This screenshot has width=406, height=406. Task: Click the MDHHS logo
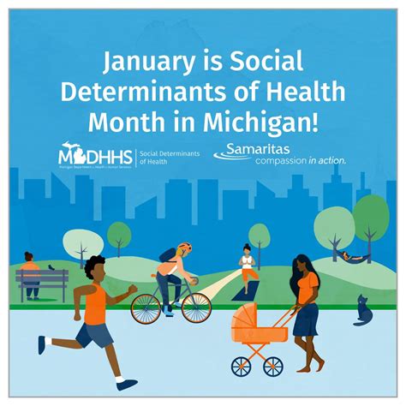click(x=86, y=156)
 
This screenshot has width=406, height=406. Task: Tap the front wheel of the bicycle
click(x=195, y=305)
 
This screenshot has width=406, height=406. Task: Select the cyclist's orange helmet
click(x=185, y=248)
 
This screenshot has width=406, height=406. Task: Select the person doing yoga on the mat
click(x=248, y=266)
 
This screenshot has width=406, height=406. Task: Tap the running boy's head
click(x=95, y=267)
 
